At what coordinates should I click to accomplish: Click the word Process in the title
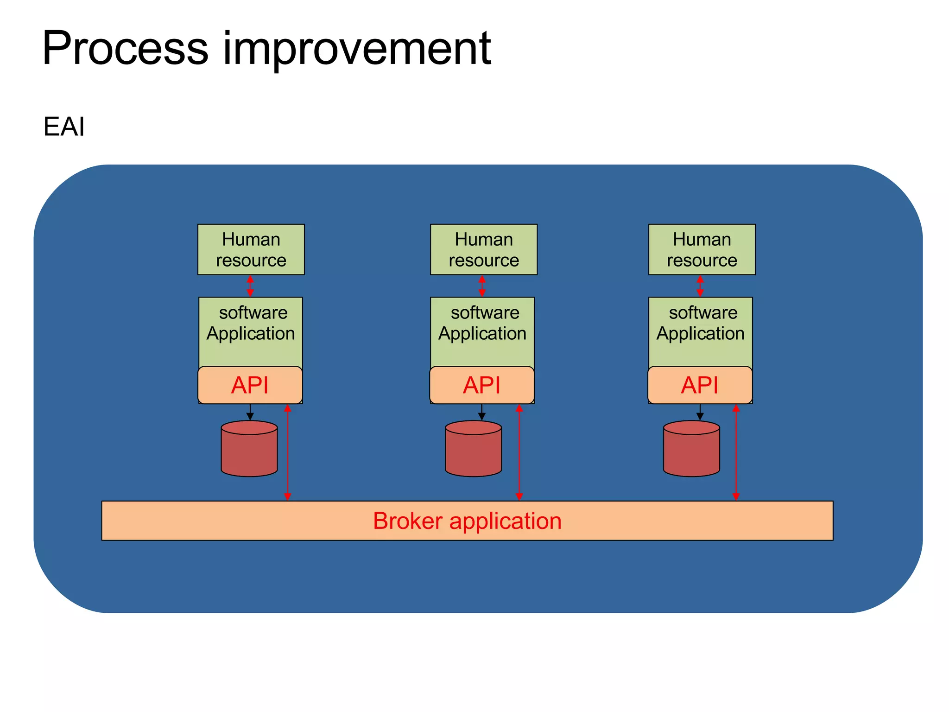[125, 49]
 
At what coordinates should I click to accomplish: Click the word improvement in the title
[357, 49]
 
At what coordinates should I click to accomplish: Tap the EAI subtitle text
[64, 127]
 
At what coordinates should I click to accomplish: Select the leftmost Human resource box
[251, 249]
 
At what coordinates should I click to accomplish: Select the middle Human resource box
[483, 249]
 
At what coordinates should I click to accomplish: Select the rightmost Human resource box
[702, 249]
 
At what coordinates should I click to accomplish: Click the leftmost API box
[250, 385]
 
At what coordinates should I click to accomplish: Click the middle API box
[482, 385]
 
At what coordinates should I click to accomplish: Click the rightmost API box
[700, 385]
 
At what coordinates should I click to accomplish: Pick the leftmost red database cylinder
[249, 450]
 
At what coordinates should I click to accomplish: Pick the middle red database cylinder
[473, 450]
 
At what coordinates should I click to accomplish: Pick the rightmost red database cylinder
[691, 450]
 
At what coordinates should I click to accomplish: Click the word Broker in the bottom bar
[407, 521]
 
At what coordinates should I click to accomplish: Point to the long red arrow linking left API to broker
[287, 452]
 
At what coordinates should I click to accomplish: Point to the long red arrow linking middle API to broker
[519, 452]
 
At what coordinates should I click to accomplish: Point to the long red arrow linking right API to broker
[736, 452]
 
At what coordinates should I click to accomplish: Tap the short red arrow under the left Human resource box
[250, 286]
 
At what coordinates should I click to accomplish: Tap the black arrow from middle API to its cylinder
[481, 412]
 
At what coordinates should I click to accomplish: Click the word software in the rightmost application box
[703, 313]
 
